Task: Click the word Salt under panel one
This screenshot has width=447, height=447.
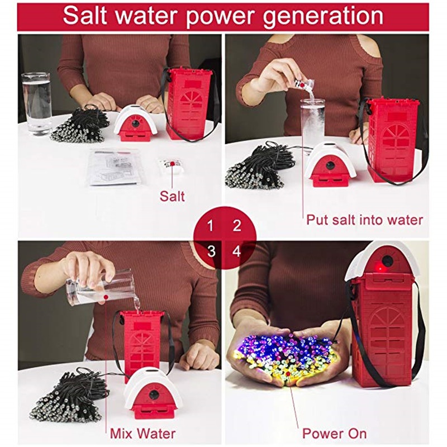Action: (172, 197)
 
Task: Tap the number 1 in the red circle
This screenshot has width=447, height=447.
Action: (211, 226)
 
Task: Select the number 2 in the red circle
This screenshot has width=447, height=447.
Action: (237, 226)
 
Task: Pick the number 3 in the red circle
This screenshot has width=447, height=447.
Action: (211, 251)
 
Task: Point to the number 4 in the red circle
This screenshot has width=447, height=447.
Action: (237, 251)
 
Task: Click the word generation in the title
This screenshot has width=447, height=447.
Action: (323, 17)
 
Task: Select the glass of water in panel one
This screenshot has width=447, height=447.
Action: (36, 103)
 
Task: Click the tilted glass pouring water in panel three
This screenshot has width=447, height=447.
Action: (100, 288)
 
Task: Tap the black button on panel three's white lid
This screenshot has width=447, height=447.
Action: (155, 394)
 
